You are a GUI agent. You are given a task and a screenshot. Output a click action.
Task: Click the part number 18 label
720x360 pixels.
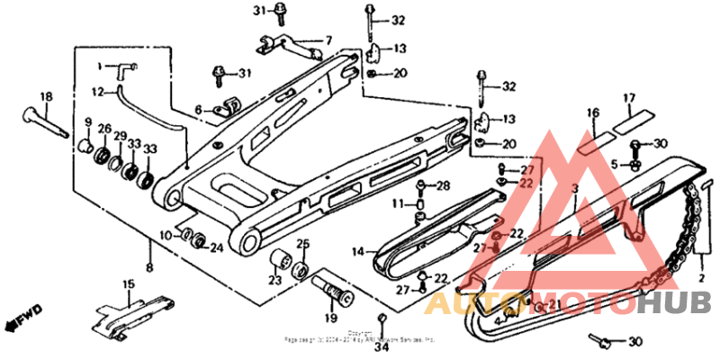coord(46,96)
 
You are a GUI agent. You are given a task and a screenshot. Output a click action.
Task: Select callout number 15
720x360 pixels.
coord(128,285)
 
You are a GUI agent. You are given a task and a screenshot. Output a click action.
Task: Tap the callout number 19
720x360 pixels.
coord(330,318)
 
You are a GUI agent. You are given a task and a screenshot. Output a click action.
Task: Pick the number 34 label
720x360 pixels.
coord(382,346)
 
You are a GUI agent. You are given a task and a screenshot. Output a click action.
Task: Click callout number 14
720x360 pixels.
coord(357,253)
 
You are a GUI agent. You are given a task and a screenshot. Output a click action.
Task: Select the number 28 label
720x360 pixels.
coord(442,186)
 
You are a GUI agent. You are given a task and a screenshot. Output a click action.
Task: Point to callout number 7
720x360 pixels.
coord(328,40)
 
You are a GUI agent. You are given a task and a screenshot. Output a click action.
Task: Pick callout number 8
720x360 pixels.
coord(149,268)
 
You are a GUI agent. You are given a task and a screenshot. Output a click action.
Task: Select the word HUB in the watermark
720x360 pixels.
coord(674,303)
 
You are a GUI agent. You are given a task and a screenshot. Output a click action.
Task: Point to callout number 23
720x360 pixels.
coord(273,280)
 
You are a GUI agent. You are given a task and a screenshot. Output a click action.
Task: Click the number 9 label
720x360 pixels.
coord(88,122)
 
